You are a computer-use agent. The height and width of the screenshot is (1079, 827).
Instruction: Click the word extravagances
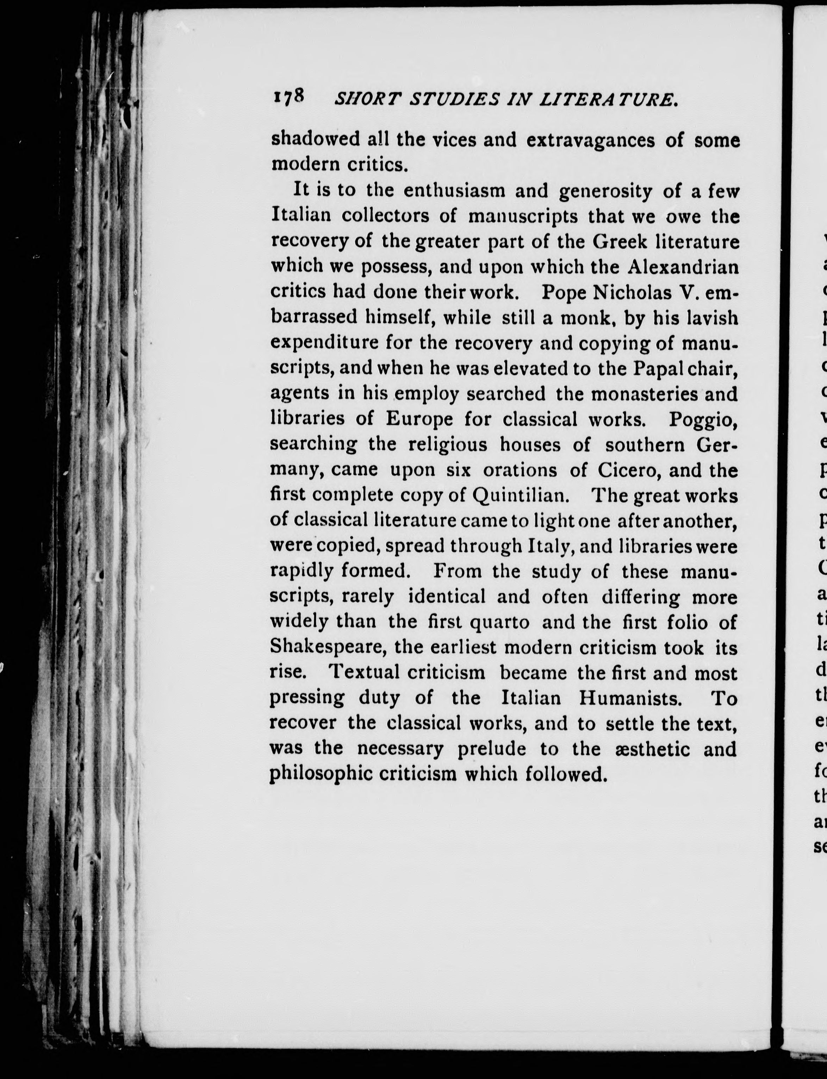[590, 141]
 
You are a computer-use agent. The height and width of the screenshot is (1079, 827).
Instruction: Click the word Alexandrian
[683, 267]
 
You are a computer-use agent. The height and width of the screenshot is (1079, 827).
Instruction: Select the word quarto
[500, 622]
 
